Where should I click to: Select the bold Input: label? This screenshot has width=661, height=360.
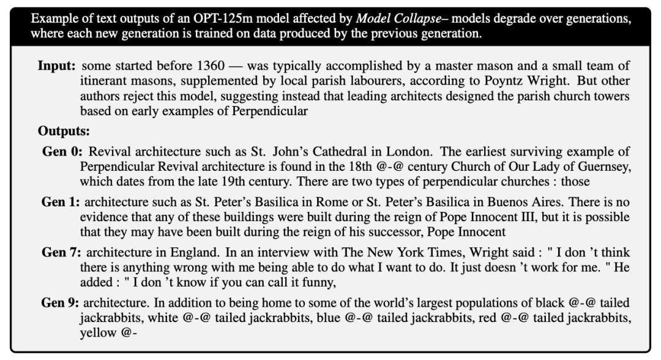pos(58,66)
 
